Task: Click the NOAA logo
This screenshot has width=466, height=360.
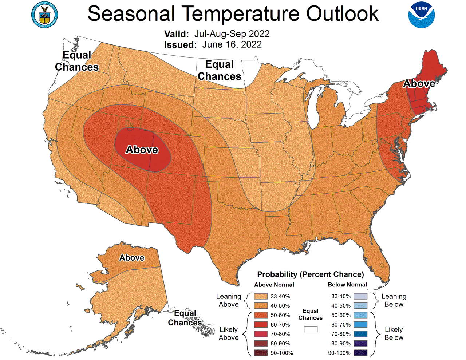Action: [421, 15]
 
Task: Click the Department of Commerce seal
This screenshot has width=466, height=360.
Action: [45, 15]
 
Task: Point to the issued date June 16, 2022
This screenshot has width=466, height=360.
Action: [232, 44]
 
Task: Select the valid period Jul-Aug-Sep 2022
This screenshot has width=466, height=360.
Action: [232, 34]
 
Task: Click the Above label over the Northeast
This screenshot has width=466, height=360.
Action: [419, 84]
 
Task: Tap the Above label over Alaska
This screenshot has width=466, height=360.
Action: [132, 258]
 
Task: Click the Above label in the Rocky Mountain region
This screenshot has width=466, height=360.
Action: [142, 150]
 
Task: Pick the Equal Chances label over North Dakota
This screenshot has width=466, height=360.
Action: [219, 70]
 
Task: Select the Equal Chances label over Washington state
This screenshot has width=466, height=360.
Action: [77, 61]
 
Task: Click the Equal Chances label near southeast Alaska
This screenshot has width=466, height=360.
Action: [185, 318]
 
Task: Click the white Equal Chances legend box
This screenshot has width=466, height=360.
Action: [311, 329]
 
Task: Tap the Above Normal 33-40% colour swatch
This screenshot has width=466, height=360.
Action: [261, 296]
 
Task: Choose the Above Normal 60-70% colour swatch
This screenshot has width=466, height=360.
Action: [261, 325]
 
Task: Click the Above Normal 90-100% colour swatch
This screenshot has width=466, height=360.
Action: [261, 353]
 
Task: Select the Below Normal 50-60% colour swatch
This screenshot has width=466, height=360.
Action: [360, 315]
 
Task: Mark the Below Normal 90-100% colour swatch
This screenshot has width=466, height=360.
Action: [360, 353]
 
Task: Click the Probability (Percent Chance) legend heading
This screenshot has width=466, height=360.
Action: [311, 274]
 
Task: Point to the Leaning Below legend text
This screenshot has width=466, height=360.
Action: [394, 300]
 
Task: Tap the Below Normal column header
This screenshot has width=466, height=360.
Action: [347, 285]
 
